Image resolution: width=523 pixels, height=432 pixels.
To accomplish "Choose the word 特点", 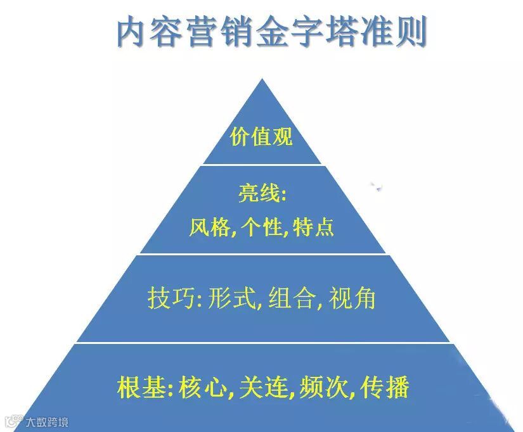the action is [314, 227].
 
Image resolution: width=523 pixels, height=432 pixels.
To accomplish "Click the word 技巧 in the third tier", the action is [167, 298].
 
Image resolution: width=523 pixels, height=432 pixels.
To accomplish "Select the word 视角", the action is [352, 298].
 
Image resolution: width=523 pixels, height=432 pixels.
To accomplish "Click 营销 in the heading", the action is [224, 32].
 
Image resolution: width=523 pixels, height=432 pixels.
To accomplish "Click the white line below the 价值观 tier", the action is [261, 165].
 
